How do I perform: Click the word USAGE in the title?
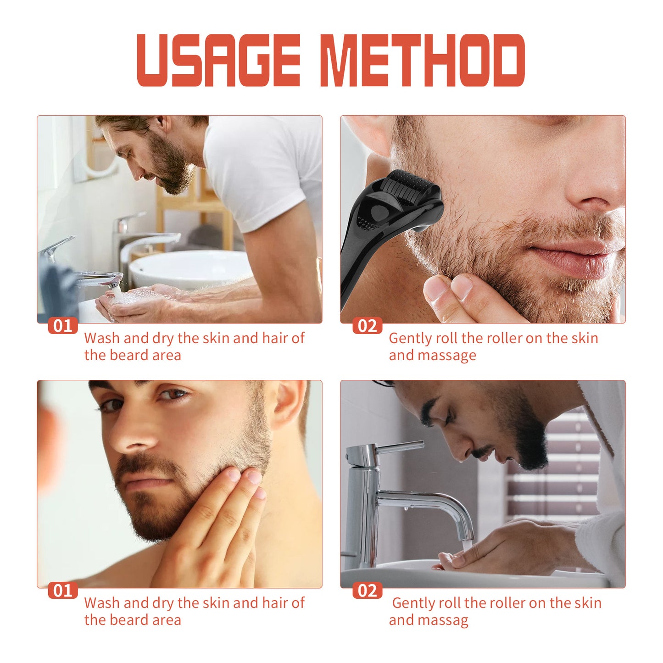click(218, 60)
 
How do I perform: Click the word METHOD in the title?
click(422, 60)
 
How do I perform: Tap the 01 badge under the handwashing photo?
click(63, 326)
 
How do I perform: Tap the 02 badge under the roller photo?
click(367, 326)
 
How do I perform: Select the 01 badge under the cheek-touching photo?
click(63, 591)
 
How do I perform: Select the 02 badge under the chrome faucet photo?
click(367, 591)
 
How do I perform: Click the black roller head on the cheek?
click(411, 186)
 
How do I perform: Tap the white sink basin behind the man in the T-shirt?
click(188, 268)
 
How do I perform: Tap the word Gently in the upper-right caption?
click(410, 339)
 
